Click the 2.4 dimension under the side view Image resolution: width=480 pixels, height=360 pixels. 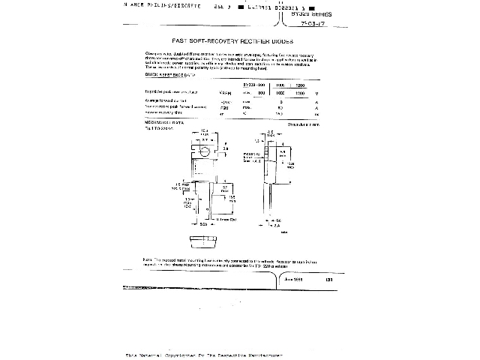coord(277,224)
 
